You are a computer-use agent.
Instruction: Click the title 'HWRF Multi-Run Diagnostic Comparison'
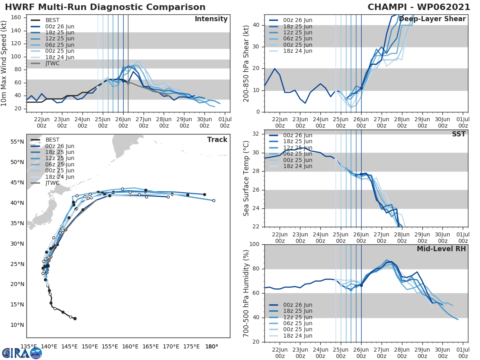105,7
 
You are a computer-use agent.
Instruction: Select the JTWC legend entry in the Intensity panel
52,63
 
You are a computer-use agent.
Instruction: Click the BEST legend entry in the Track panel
52,140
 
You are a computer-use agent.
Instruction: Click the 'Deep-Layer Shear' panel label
432,19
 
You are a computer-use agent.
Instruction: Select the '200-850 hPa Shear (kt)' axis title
247,63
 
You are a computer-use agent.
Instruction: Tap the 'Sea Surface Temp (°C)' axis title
247,178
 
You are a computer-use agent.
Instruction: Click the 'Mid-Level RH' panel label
441,249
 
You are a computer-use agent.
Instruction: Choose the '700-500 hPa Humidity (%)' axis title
247,293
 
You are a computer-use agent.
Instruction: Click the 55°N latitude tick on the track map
17,142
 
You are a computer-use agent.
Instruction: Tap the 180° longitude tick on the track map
212,346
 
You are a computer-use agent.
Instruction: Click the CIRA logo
22,352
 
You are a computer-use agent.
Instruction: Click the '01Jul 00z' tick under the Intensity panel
224,122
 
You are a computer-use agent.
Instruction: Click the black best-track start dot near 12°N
75,318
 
